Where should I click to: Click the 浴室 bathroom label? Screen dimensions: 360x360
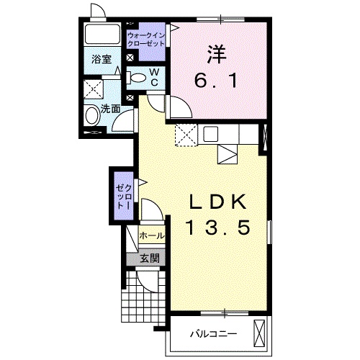pos(102,59)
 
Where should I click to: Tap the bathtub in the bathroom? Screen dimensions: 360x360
pos(102,34)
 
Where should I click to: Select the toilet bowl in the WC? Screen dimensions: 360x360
pos(136,78)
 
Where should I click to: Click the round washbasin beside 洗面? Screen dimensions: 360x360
pos(92,115)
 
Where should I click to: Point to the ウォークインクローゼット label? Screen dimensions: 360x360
pos(146,40)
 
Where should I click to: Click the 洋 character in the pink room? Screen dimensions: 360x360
pos(217,55)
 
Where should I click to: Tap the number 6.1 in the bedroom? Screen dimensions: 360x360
pos(216,81)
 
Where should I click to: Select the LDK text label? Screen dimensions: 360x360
pos(218,202)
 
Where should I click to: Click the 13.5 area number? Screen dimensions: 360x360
pos(218,228)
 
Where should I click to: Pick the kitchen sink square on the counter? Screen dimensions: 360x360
pos(211,134)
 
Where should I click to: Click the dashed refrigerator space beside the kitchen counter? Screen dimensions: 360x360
pos(186,135)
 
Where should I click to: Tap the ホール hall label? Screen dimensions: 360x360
pos(152,235)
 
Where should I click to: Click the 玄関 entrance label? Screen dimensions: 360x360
pos(150,258)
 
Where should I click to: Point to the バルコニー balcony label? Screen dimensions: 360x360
pos(214,334)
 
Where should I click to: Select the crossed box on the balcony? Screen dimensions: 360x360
pos(259,333)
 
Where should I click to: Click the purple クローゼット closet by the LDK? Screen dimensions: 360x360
pos(124,196)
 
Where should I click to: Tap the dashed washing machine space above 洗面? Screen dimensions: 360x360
pos(94,89)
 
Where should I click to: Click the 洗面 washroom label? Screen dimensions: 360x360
pos(110,109)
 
